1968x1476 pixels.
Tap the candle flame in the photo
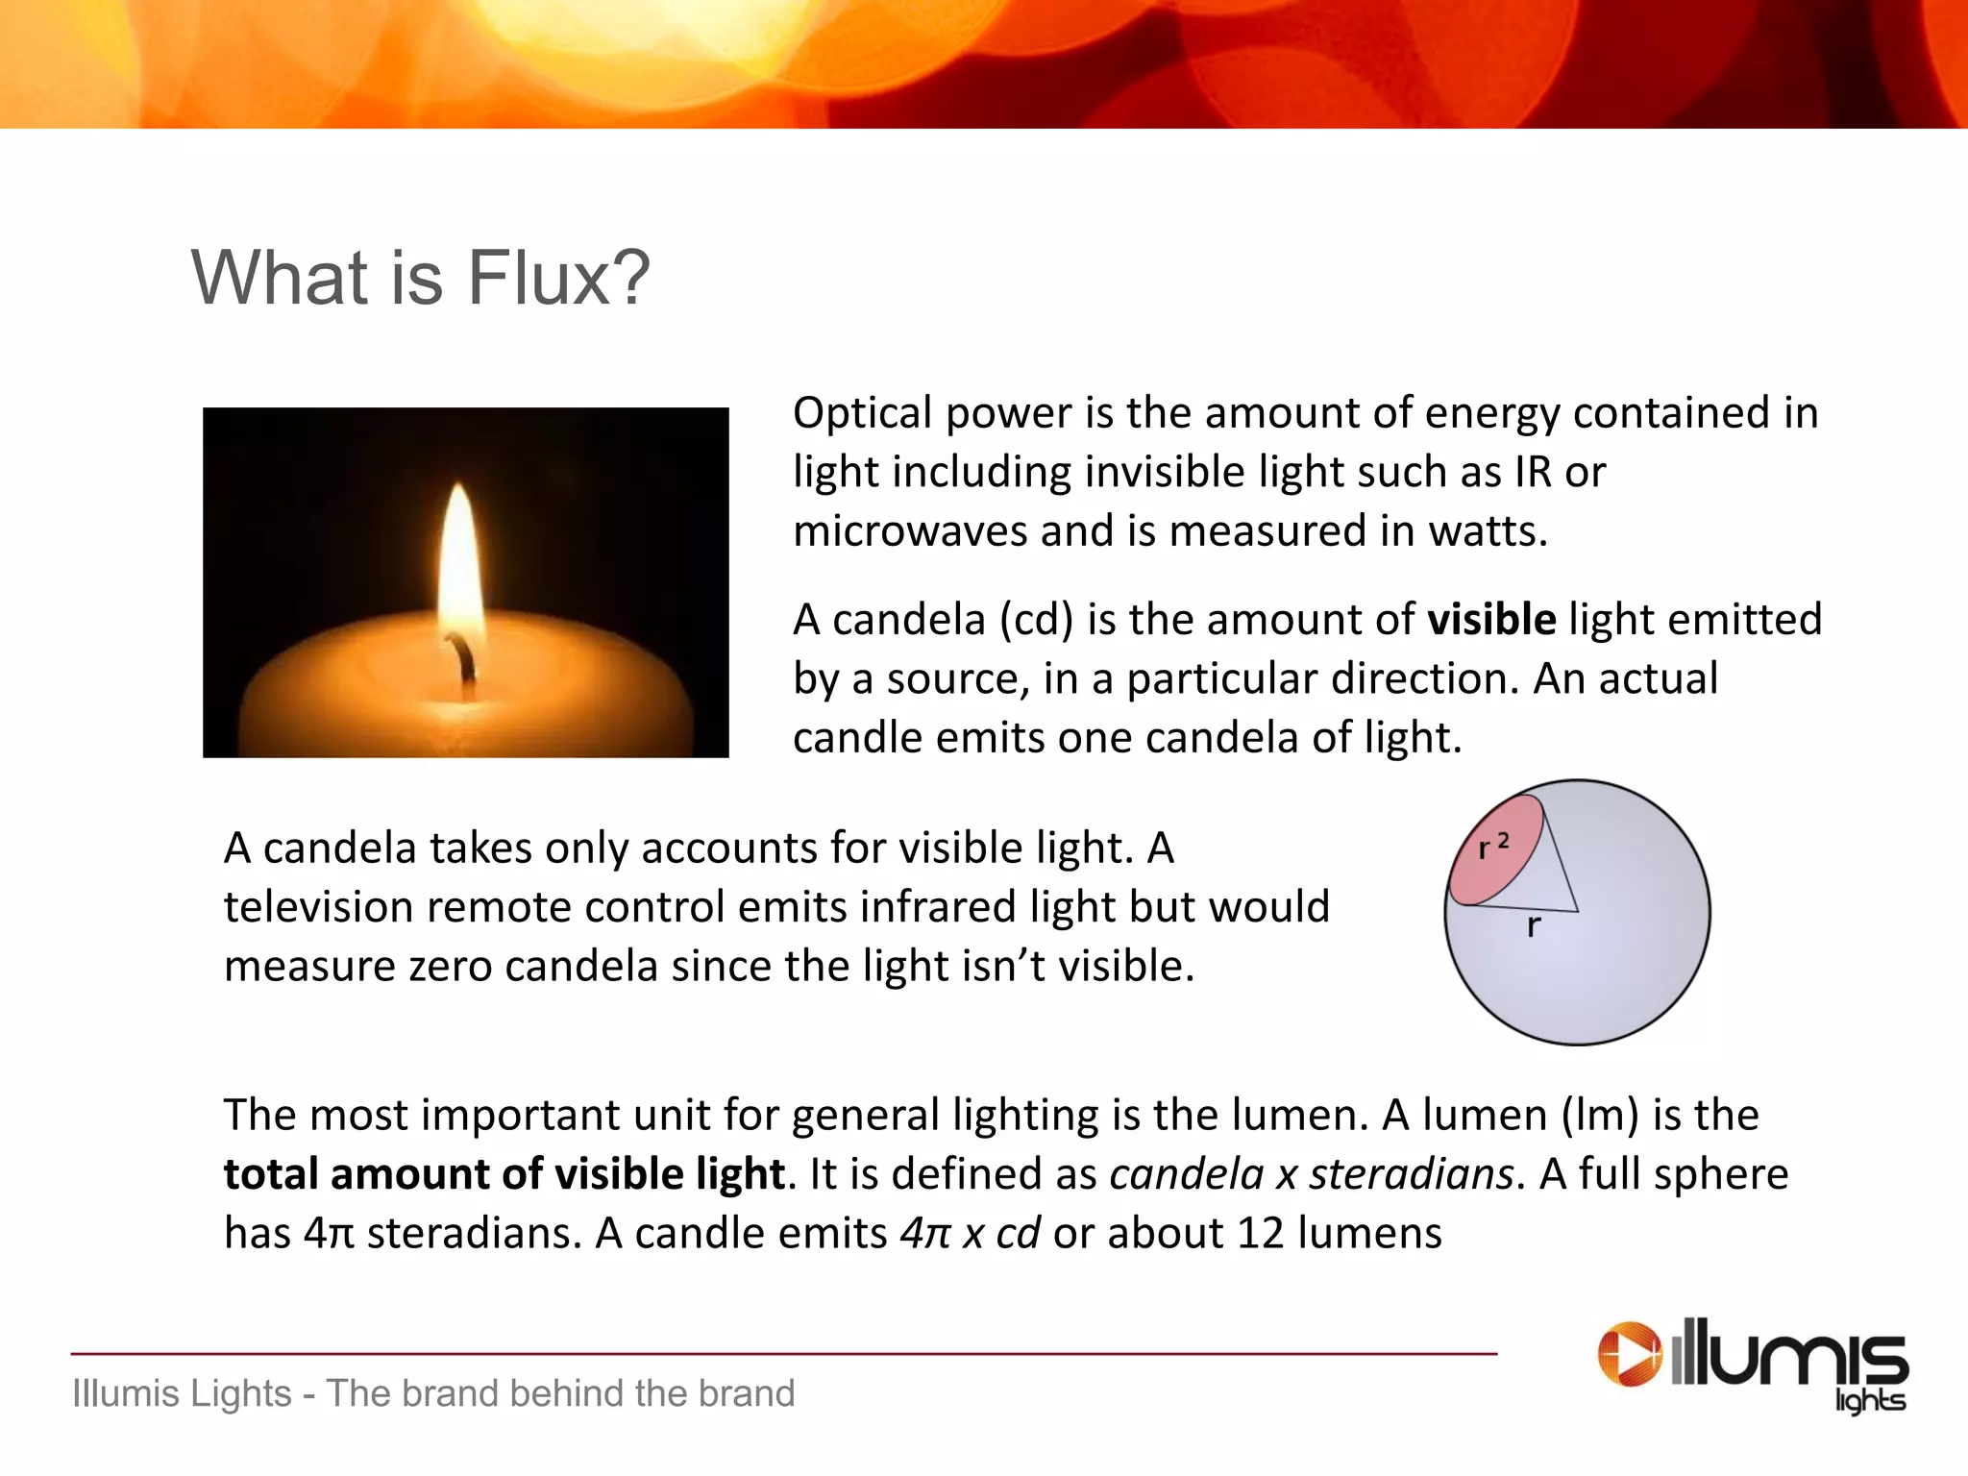459,567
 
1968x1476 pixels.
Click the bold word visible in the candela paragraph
1491,620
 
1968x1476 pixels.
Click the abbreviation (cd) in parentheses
1036,620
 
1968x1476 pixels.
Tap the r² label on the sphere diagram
1493,846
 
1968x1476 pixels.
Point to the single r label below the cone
1534,926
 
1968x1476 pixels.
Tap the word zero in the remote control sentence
451,967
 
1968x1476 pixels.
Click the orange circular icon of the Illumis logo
1630,1355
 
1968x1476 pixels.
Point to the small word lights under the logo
1870,1400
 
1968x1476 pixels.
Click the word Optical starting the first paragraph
862,414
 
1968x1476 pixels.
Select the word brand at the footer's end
747,1393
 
